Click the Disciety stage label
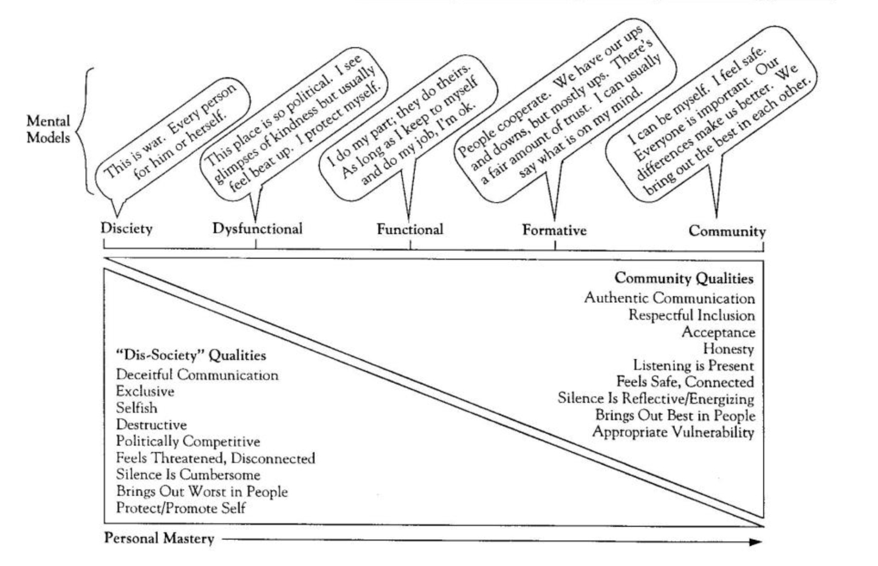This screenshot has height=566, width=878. [x=126, y=229]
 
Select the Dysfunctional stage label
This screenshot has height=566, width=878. [x=257, y=229]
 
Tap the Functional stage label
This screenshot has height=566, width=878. [x=410, y=229]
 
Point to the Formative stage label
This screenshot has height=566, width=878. [x=554, y=230]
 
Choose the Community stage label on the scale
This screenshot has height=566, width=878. [x=727, y=231]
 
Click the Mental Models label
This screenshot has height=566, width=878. [x=48, y=129]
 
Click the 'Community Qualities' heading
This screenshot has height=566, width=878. [x=684, y=278]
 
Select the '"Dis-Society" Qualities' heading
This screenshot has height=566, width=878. [x=191, y=355]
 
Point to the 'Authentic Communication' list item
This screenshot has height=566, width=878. [x=669, y=298]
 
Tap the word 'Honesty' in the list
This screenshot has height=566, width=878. [x=728, y=349]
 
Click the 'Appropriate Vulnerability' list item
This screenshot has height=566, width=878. [x=673, y=432]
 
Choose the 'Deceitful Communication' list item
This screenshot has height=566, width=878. [x=197, y=375]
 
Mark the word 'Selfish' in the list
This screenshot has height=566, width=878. [x=137, y=408]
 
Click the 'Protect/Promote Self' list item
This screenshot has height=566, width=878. [x=180, y=508]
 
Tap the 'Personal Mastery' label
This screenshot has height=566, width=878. [x=159, y=539]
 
